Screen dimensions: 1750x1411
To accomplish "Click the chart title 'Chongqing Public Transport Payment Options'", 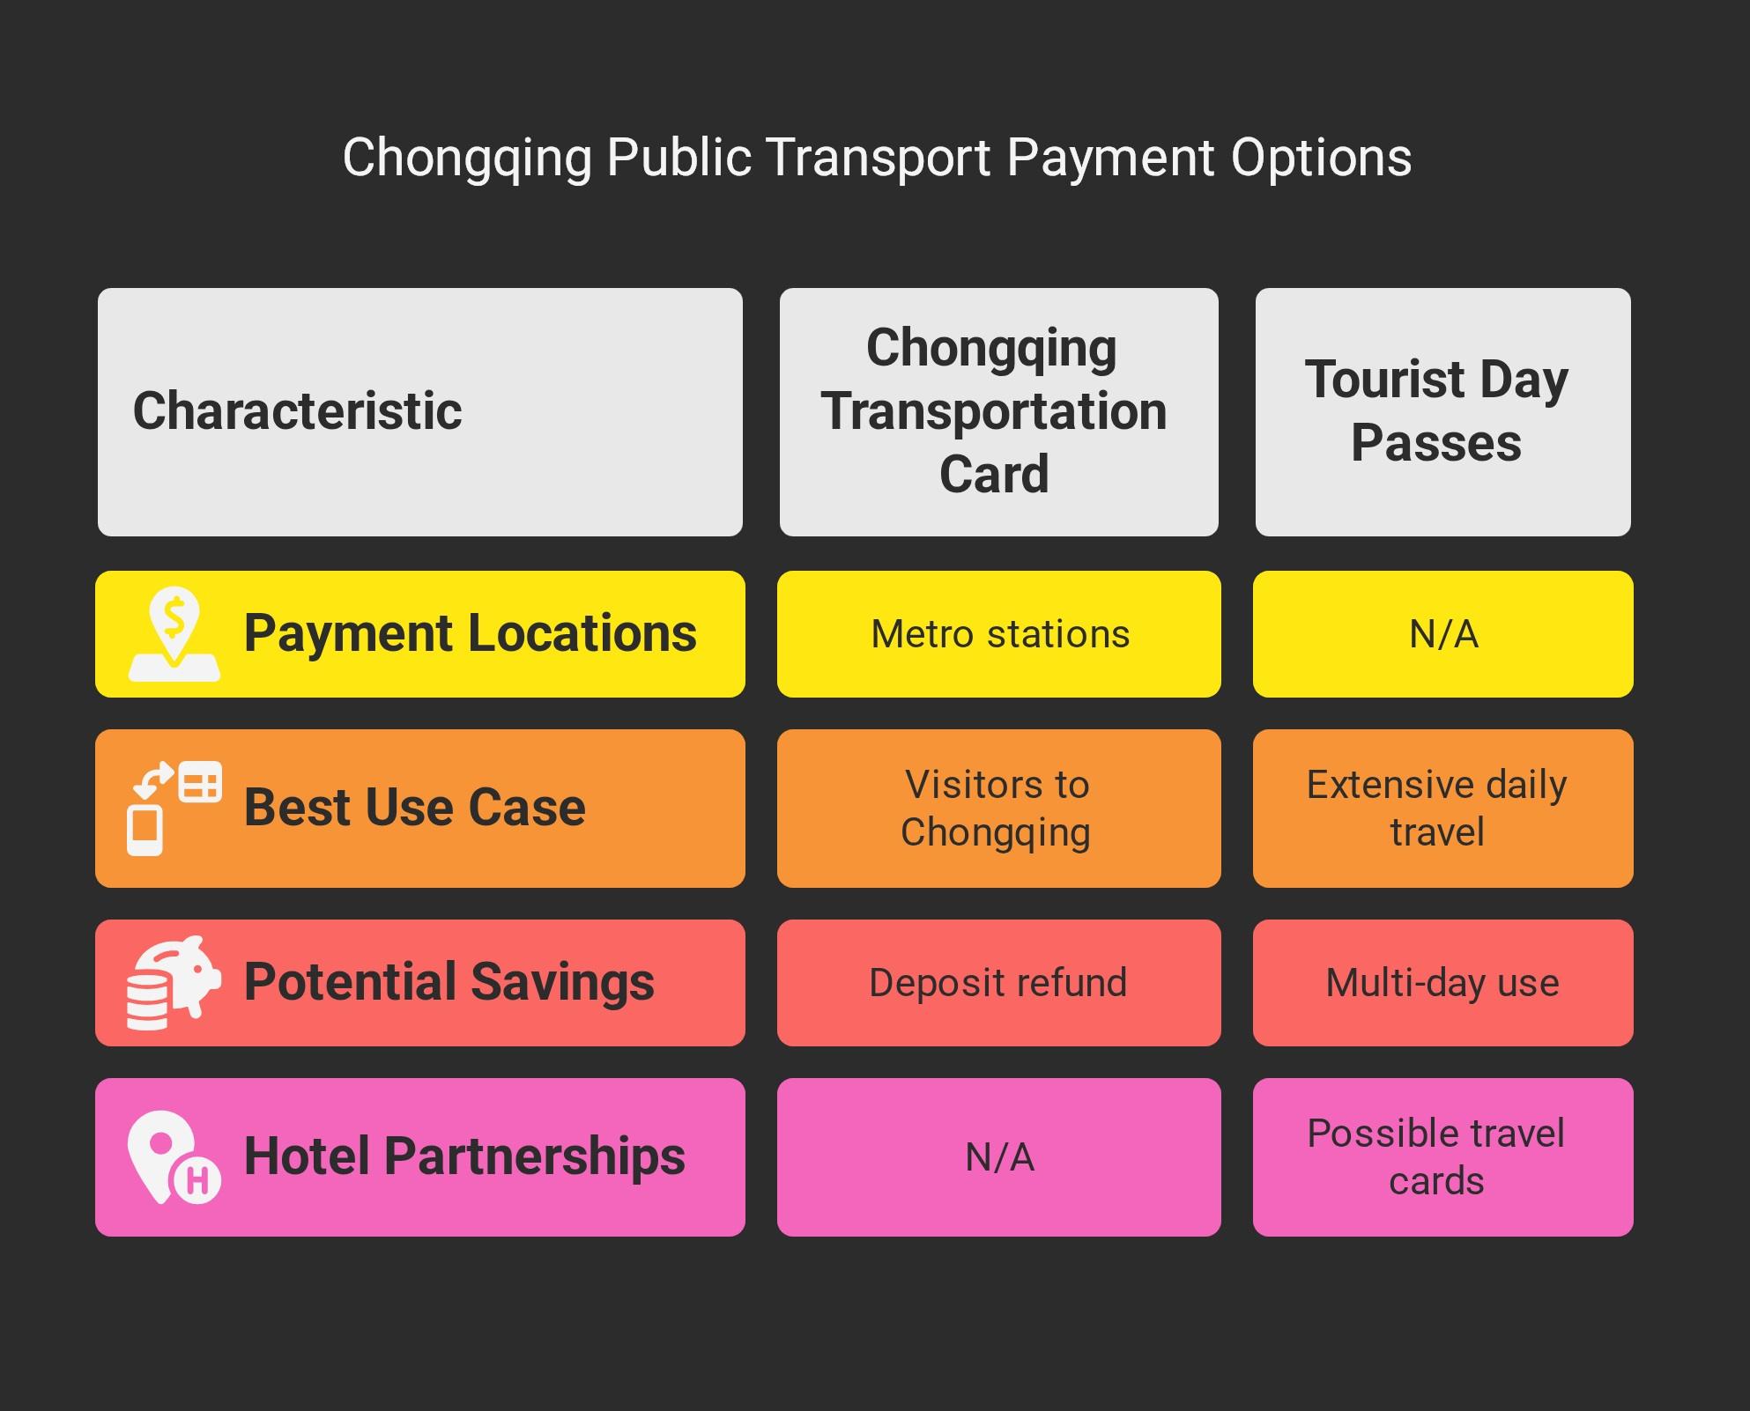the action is [x=877, y=159].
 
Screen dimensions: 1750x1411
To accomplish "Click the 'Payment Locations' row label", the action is [x=470, y=633].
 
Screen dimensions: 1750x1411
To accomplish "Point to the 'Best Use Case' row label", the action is [x=414, y=808].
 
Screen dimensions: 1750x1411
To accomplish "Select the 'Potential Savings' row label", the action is [x=449, y=982].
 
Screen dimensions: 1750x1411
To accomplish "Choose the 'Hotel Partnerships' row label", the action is [x=464, y=1156].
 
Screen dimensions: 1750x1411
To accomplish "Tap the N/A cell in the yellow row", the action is [x=1443, y=634].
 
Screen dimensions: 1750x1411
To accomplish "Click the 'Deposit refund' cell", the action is [x=998, y=983].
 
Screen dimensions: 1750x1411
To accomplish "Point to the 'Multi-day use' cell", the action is [x=1442, y=983].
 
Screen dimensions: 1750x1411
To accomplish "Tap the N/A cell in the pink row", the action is [x=999, y=1157].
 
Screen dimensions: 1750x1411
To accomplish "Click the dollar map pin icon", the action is [x=174, y=634].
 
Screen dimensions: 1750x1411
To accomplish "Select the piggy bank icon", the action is [x=174, y=983].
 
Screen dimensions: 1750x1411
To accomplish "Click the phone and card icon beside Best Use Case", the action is [x=174, y=809].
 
